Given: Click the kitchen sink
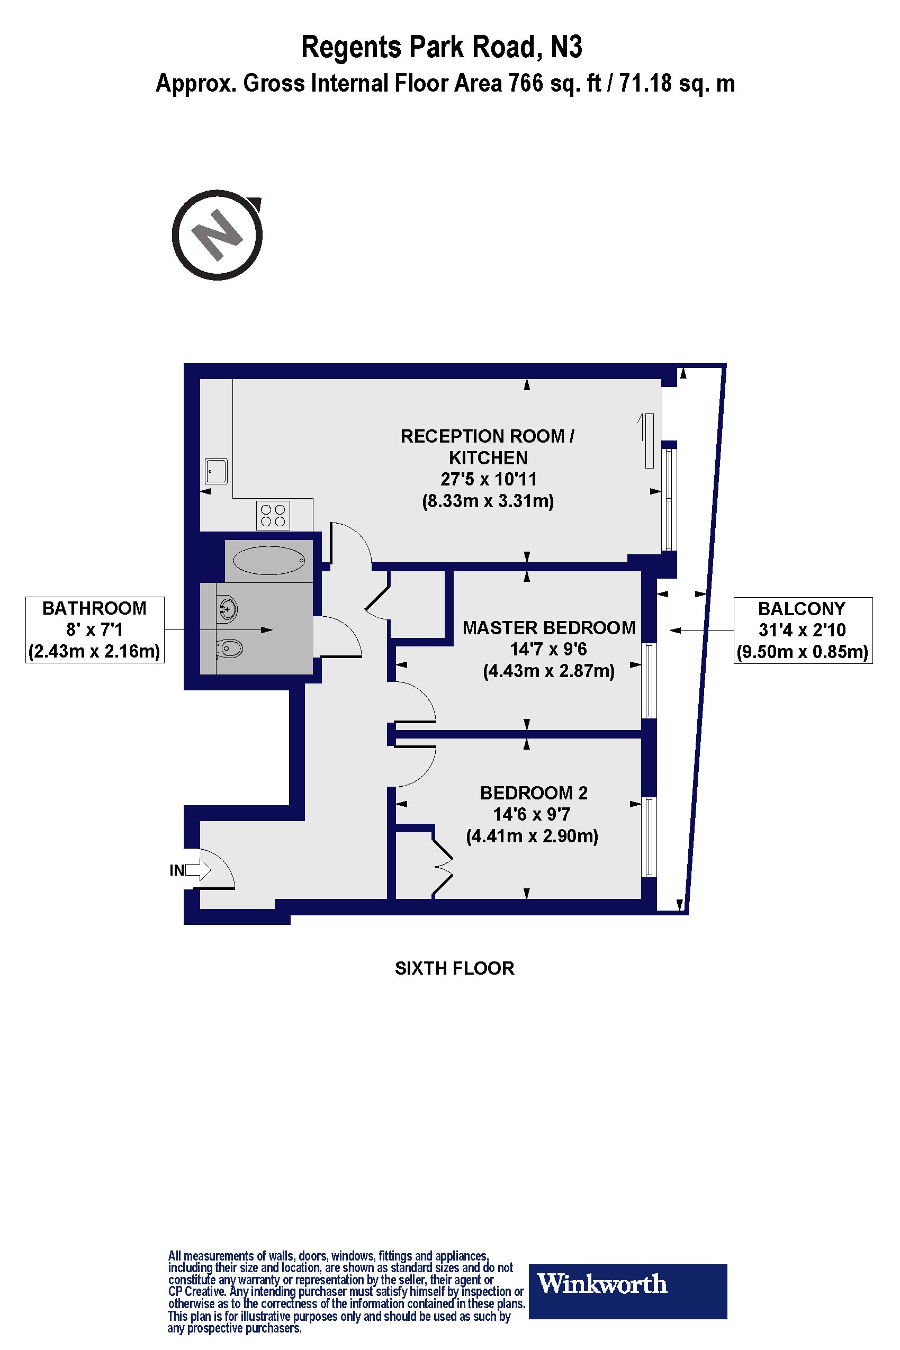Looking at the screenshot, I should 217,471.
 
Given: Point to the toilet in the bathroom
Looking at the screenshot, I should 229,649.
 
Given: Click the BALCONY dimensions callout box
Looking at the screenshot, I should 803,630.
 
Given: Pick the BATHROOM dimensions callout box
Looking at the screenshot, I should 95,630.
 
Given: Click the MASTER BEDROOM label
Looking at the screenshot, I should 548,628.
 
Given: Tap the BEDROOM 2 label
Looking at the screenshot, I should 533,793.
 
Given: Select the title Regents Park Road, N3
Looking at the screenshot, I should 442,48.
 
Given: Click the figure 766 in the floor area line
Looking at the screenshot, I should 526,84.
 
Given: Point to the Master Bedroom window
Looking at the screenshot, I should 649,680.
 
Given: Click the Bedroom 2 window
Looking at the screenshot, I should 649,837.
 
